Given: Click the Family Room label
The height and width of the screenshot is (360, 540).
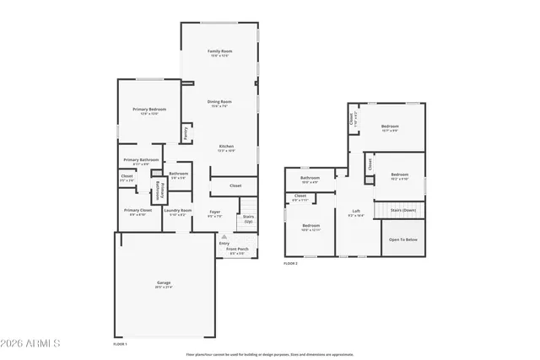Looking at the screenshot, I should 220,51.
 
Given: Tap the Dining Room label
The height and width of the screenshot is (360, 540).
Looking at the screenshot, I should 220,102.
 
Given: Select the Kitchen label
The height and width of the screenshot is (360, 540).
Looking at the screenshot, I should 226,147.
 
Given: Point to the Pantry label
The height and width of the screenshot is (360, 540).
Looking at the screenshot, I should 186,132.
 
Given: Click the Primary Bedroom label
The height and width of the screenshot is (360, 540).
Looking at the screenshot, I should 148,110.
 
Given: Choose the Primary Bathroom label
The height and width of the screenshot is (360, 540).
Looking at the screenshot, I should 141,160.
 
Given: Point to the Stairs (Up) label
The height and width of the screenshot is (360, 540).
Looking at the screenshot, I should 248,218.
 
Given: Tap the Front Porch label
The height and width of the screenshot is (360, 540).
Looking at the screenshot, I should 235,249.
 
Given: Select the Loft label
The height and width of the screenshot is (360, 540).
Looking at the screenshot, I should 356,212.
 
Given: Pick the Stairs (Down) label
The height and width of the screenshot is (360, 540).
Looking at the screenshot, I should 402,210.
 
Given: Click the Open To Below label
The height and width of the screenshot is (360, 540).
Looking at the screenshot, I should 402,239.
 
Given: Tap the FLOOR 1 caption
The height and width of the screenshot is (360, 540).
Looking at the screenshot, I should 121,344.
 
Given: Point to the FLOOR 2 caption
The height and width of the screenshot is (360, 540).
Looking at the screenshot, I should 290,264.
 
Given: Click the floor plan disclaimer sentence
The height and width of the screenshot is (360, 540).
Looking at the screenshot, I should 268,354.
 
